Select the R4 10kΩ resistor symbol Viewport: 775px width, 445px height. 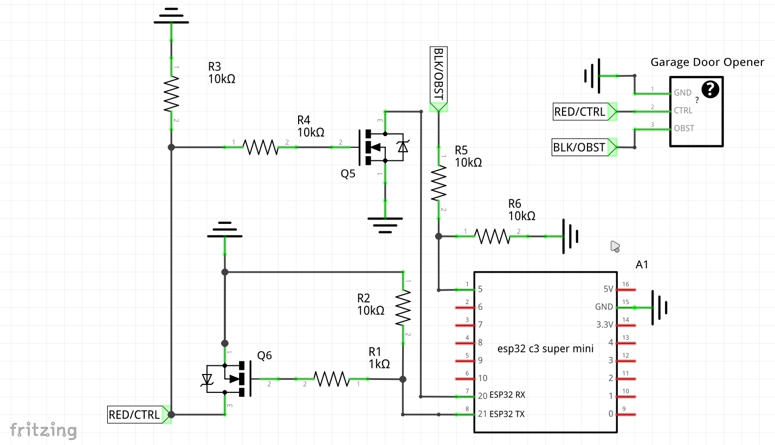point(261,147)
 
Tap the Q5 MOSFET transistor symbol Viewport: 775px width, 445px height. point(379,147)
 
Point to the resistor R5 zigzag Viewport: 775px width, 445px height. point(438,183)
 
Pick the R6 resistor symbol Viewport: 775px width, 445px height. point(492,236)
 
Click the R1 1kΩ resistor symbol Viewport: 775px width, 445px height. point(332,379)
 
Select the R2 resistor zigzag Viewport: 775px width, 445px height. point(403,307)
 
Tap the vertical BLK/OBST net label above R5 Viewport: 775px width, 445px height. point(438,77)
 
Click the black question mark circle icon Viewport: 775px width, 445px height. point(710,89)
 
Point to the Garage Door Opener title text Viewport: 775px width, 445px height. point(707,62)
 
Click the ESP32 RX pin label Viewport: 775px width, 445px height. point(507,396)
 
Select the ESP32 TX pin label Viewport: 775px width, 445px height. point(507,414)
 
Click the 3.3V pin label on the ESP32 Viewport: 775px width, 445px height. point(604,325)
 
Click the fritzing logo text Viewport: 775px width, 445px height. point(43,430)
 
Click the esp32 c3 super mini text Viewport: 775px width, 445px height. point(545,349)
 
